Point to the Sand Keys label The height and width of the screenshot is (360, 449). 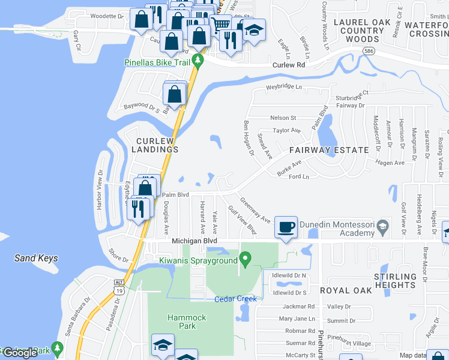[37, 259]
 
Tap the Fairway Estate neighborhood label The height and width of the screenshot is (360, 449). [329, 150]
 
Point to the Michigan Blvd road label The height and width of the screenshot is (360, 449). [194, 241]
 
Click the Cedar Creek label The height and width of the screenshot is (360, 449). [236, 299]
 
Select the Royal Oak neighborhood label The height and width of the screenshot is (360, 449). [346, 290]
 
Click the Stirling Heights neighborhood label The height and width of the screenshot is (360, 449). [394, 280]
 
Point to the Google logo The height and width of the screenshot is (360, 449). [20, 353]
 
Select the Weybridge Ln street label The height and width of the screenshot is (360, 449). [285, 87]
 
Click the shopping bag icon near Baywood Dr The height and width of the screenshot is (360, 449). [174, 95]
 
